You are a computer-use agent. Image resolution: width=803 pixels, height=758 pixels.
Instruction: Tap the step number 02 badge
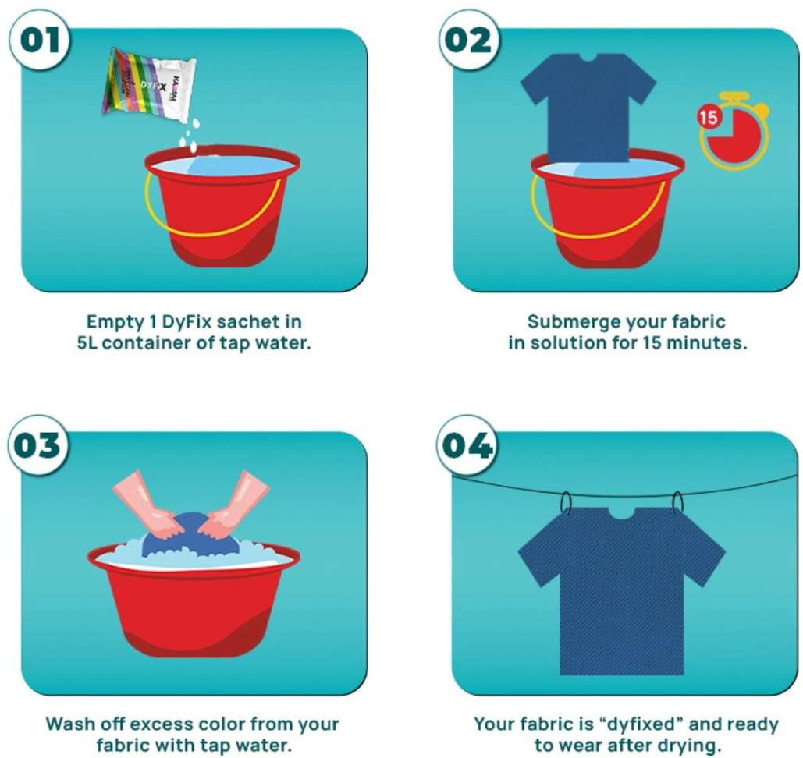click(468, 40)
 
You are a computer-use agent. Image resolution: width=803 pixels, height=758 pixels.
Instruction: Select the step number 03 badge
click(37, 445)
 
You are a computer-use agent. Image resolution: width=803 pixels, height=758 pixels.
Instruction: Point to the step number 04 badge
click(467, 445)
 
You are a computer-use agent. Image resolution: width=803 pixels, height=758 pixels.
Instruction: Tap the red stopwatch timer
click(734, 130)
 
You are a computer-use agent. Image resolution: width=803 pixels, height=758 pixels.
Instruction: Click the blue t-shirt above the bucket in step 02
click(588, 108)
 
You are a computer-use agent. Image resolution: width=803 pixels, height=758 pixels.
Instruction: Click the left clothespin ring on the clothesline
click(566, 502)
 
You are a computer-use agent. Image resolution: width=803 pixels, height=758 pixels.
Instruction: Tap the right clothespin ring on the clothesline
click(677, 501)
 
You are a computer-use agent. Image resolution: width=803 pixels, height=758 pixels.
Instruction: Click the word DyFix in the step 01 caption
click(187, 322)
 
